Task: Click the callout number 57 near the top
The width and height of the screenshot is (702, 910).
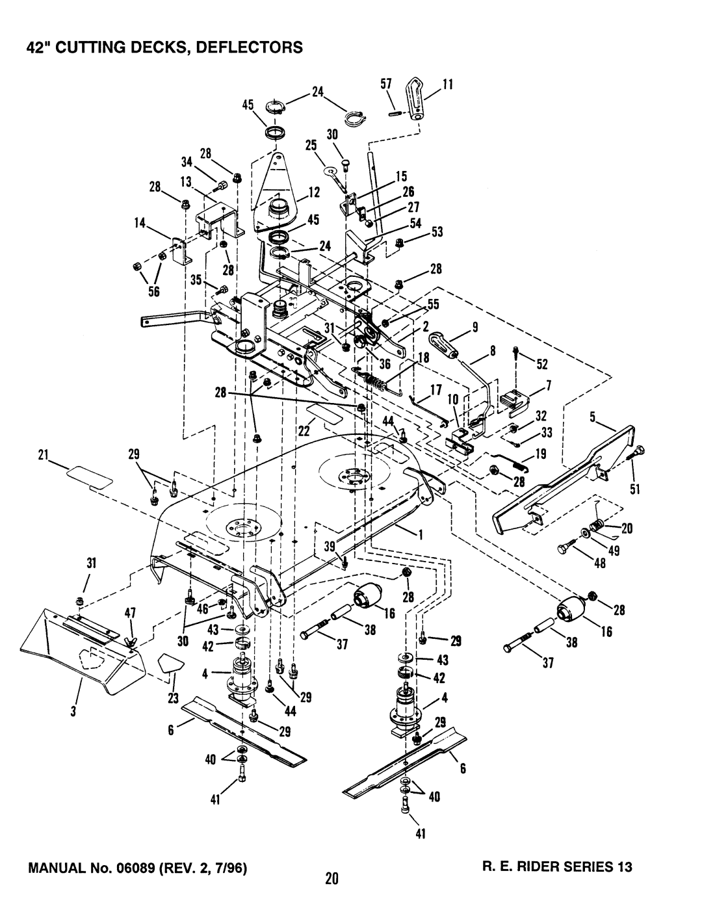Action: coord(385,84)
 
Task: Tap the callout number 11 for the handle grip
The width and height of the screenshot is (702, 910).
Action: coord(448,84)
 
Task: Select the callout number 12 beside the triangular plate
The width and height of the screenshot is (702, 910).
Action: coord(314,192)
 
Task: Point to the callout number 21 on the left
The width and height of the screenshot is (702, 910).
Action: coord(44,455)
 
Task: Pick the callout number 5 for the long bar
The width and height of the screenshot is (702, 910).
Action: coord(592,417)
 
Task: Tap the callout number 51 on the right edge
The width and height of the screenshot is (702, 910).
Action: coord(635,489)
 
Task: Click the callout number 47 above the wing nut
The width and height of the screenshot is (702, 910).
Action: coord(130,613)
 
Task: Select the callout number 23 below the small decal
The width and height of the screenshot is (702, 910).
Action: coord(174,698)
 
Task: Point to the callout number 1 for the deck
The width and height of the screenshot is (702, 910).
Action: coord(421,534)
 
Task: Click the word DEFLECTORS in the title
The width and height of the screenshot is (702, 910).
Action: coord(250,47)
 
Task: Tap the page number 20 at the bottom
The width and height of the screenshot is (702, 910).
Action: coord(331,889)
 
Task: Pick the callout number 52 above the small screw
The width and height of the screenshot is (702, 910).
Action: coord(541,365)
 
